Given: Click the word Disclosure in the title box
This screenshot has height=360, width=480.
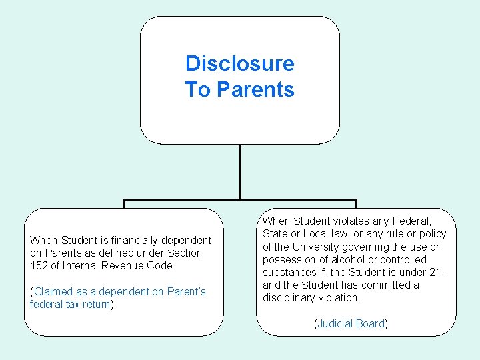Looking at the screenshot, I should tap(239, 63).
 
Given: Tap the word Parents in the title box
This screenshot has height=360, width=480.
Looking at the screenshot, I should tap(256, 89).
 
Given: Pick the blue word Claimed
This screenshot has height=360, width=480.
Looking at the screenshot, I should tap(54, 292).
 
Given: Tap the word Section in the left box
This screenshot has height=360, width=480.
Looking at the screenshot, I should tap(185, 253).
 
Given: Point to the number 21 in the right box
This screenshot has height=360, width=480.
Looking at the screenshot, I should tap(437, 273).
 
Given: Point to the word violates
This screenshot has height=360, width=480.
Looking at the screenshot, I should tap(351, 221).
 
